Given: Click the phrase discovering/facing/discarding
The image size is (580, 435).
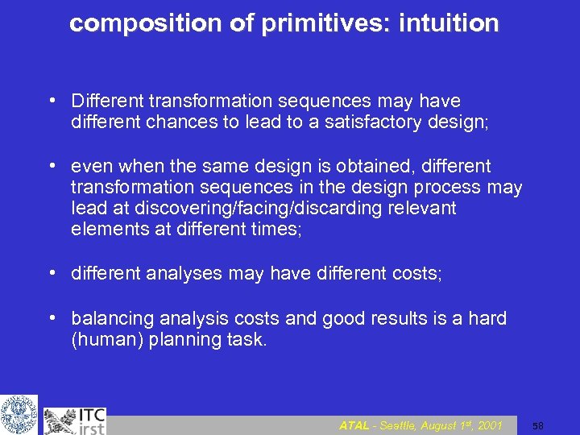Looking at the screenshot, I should coord(238,209).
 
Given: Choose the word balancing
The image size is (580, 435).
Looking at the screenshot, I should coord(107,318).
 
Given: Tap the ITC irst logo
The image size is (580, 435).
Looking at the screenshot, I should coord(76,419).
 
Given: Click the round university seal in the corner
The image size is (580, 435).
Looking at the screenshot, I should coord(19,415).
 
